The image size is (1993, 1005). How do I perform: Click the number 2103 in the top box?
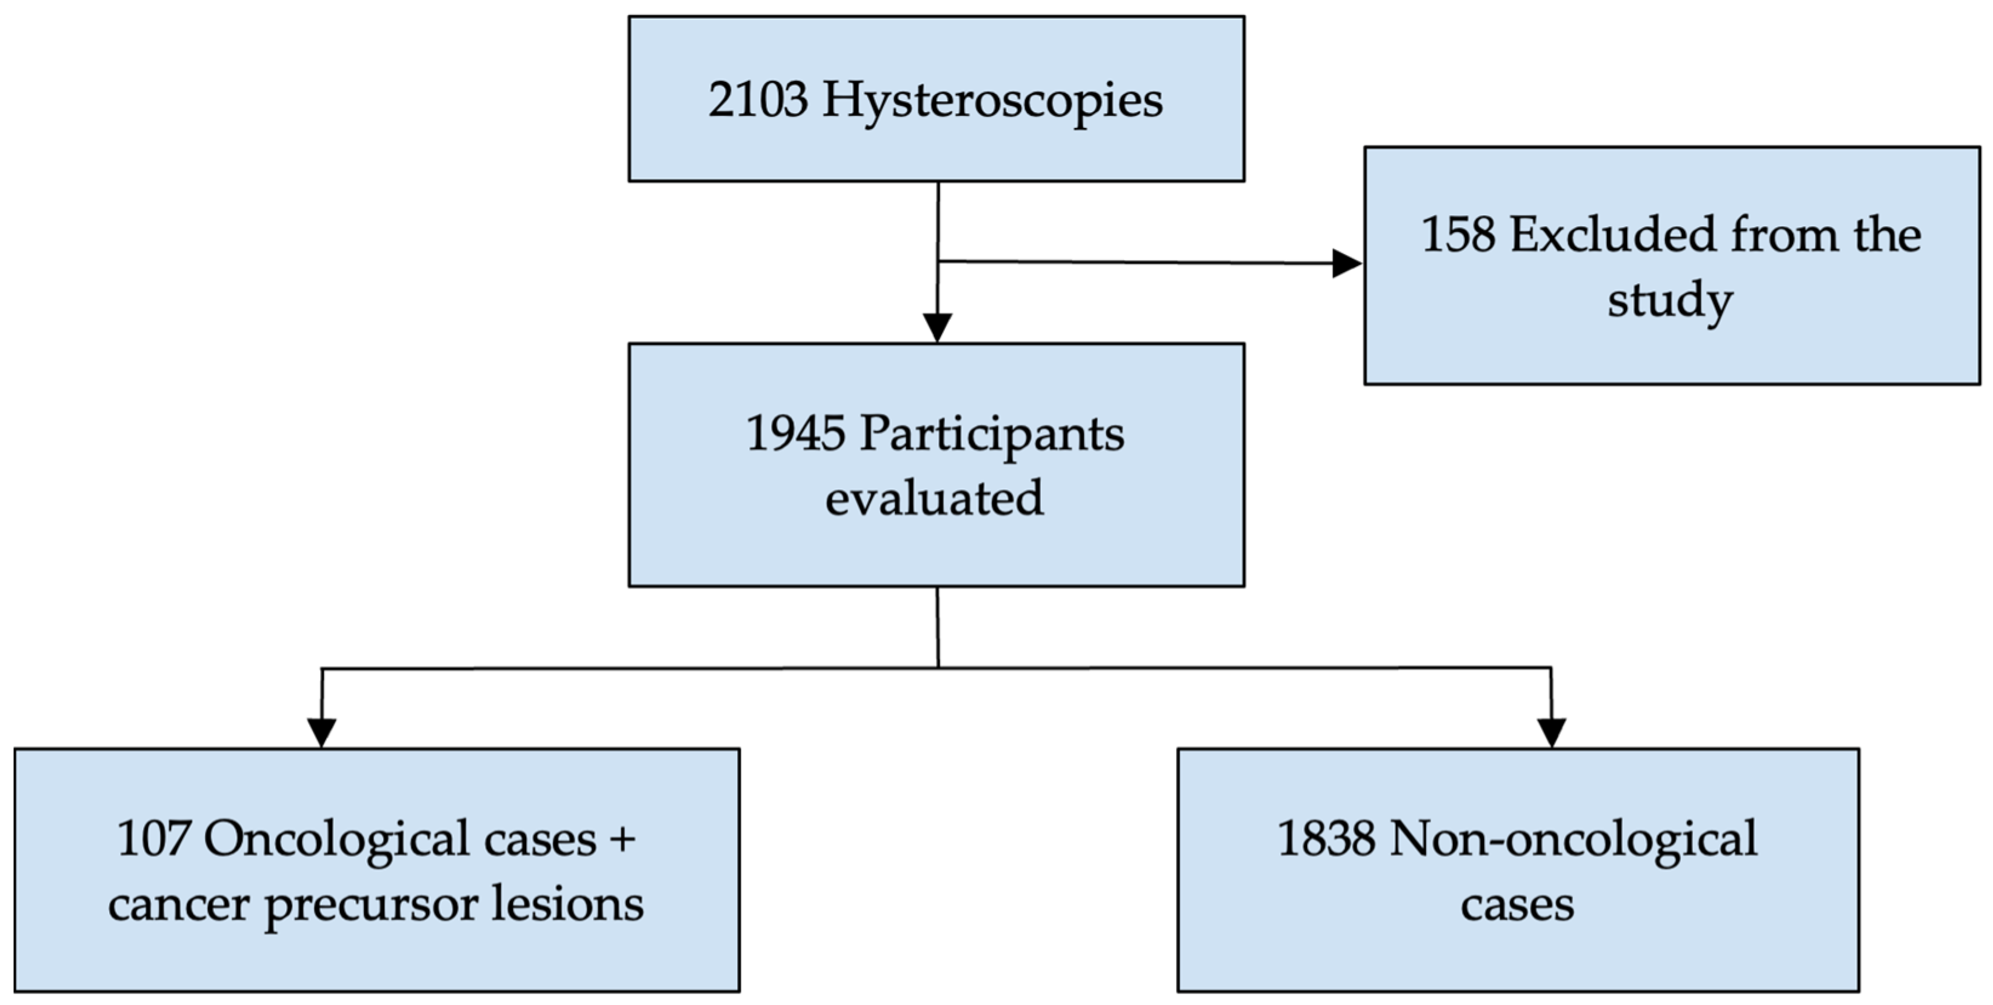coord(758,100)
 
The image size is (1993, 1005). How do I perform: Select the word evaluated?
coord(934,498)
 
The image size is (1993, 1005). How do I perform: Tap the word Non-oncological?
coord(1573,840)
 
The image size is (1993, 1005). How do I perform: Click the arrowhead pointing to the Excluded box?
coord(1346,264)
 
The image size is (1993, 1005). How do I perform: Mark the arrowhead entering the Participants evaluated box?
coord(937,327)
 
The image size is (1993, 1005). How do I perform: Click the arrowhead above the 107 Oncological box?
coord(322,732)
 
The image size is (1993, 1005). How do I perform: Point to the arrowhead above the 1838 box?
coord(1551,732)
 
